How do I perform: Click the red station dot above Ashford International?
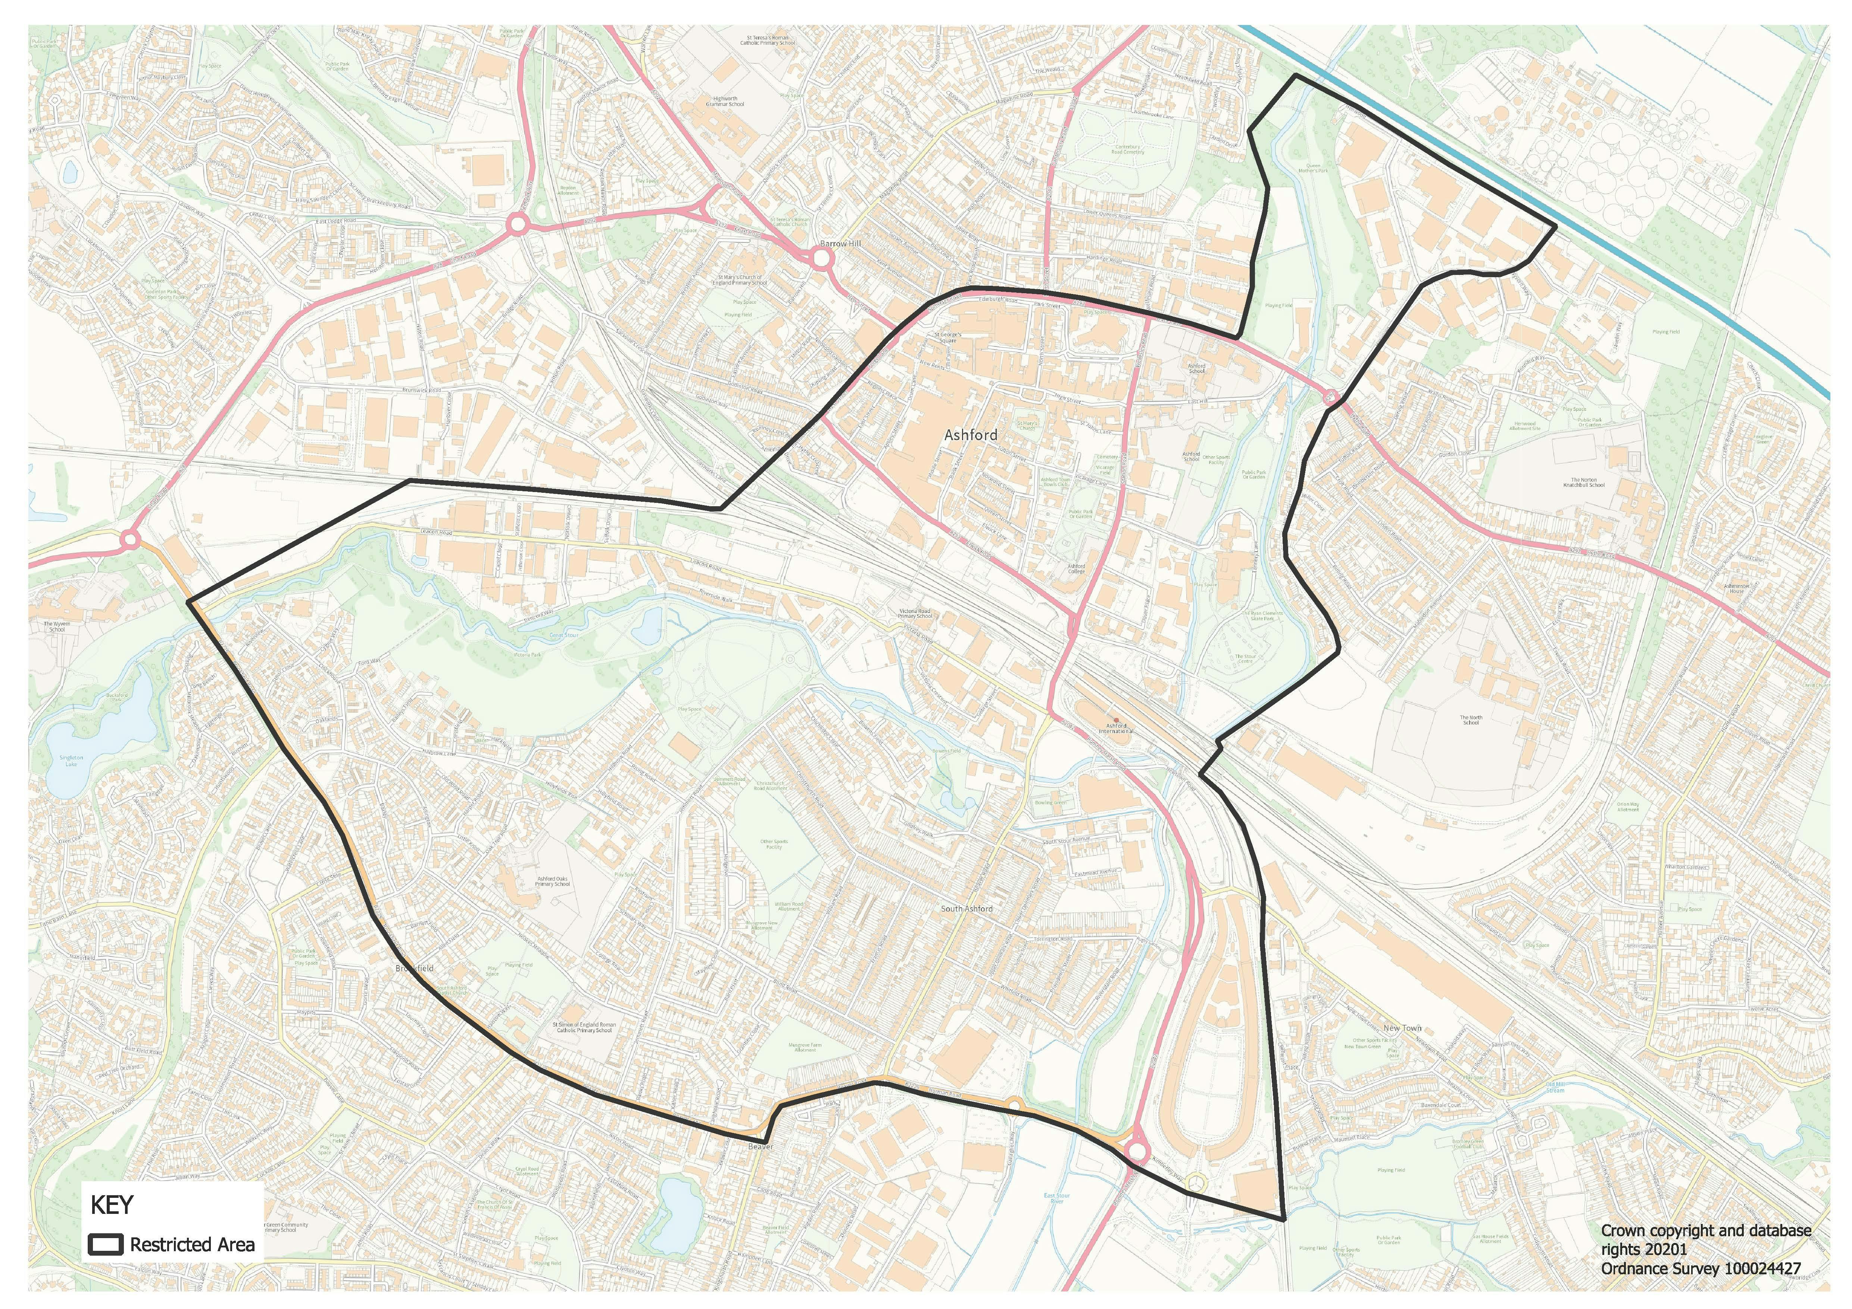pos(1116,720)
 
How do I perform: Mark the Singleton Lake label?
pos(71,761)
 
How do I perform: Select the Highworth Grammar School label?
pos(725,101)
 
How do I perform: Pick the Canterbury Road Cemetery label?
pos(1128,149)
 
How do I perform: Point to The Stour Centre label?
pos(1245,658)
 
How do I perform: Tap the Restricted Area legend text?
pos(192,1244)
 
